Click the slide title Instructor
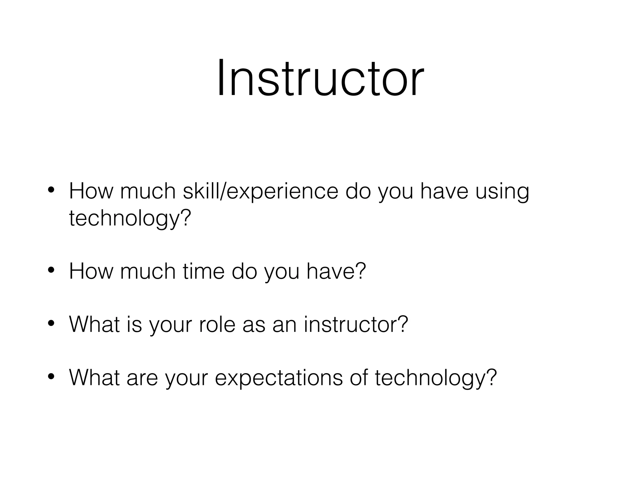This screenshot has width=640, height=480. point(320,78)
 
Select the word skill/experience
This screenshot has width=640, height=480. point(260,191)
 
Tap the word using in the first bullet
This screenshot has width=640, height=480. point(502,191)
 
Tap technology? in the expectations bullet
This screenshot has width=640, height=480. point(436,378)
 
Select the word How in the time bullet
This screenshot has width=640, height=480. point(91,271)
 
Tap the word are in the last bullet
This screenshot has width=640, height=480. point(142,378)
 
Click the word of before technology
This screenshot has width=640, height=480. point(359,378)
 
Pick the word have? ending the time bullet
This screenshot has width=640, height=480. point(336,271)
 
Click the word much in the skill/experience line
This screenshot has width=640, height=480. point(148,191)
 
